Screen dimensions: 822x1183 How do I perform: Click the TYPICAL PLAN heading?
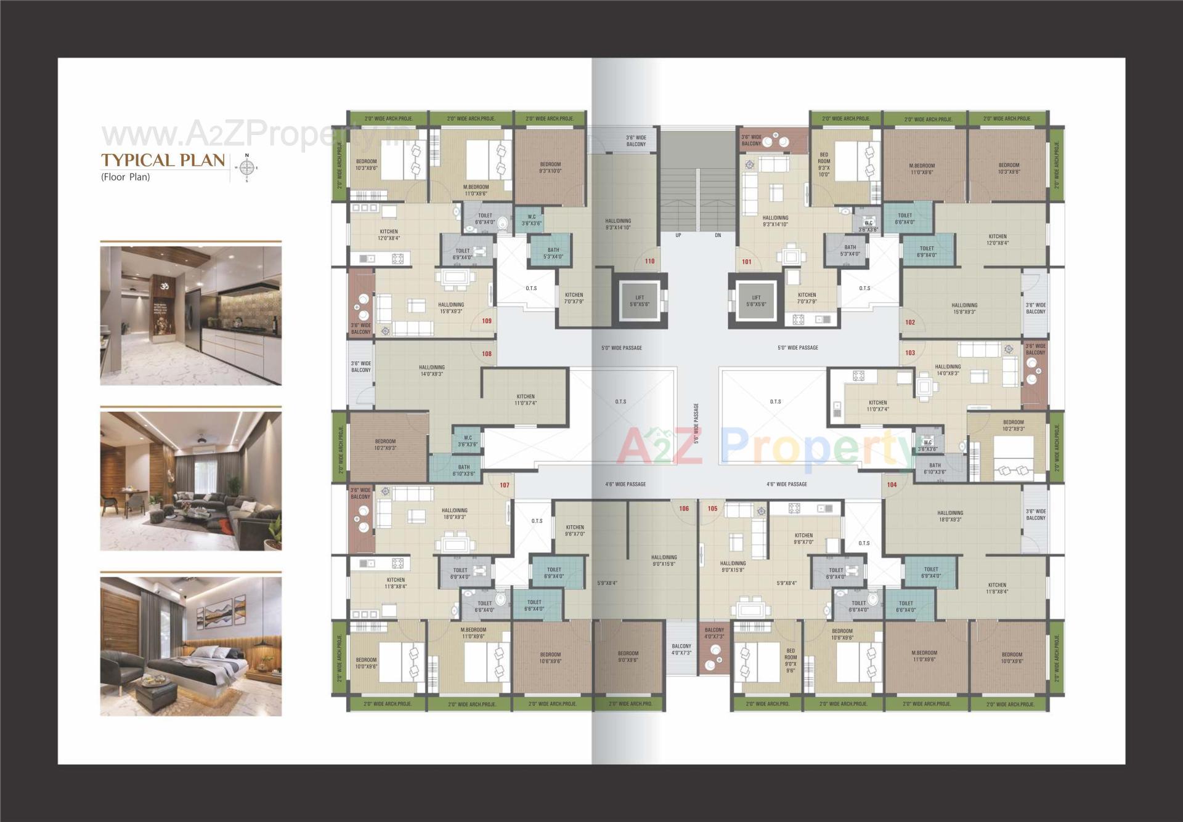point(163,160)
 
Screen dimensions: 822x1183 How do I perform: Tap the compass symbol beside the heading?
point(247,167)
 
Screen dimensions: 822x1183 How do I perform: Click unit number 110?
point(649,261)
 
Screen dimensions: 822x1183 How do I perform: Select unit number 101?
point(747,262)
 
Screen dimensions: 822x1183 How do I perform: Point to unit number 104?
point(892,485)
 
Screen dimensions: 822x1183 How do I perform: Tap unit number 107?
point(505,485)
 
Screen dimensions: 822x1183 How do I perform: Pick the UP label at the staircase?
point(678,235)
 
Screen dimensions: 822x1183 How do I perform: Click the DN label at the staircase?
point(718,235)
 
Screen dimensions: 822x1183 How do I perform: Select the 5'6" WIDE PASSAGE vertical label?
point(696,424)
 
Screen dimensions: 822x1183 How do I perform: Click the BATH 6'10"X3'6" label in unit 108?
point(463,470)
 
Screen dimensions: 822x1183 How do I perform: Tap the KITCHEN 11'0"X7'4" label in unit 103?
point(877,406)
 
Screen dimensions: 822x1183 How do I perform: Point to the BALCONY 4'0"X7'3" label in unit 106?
point(681,650)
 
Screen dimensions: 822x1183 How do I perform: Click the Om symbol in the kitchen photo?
point(164,287)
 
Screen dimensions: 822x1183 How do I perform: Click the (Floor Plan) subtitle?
point(126,177)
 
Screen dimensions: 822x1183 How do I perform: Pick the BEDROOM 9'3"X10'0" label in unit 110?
point(550,167)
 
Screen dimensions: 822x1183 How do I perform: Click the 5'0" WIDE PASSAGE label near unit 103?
point(798,348)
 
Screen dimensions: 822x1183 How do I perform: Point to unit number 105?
point(712,509)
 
